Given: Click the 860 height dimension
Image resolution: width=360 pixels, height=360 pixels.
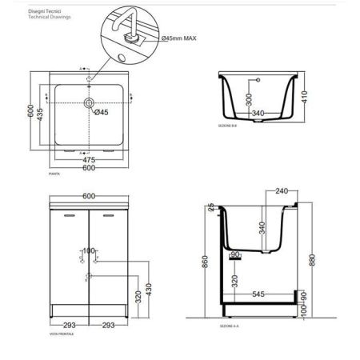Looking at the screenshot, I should (207, 261).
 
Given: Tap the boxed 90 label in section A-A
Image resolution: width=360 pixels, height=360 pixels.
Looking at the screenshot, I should (234, 255).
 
